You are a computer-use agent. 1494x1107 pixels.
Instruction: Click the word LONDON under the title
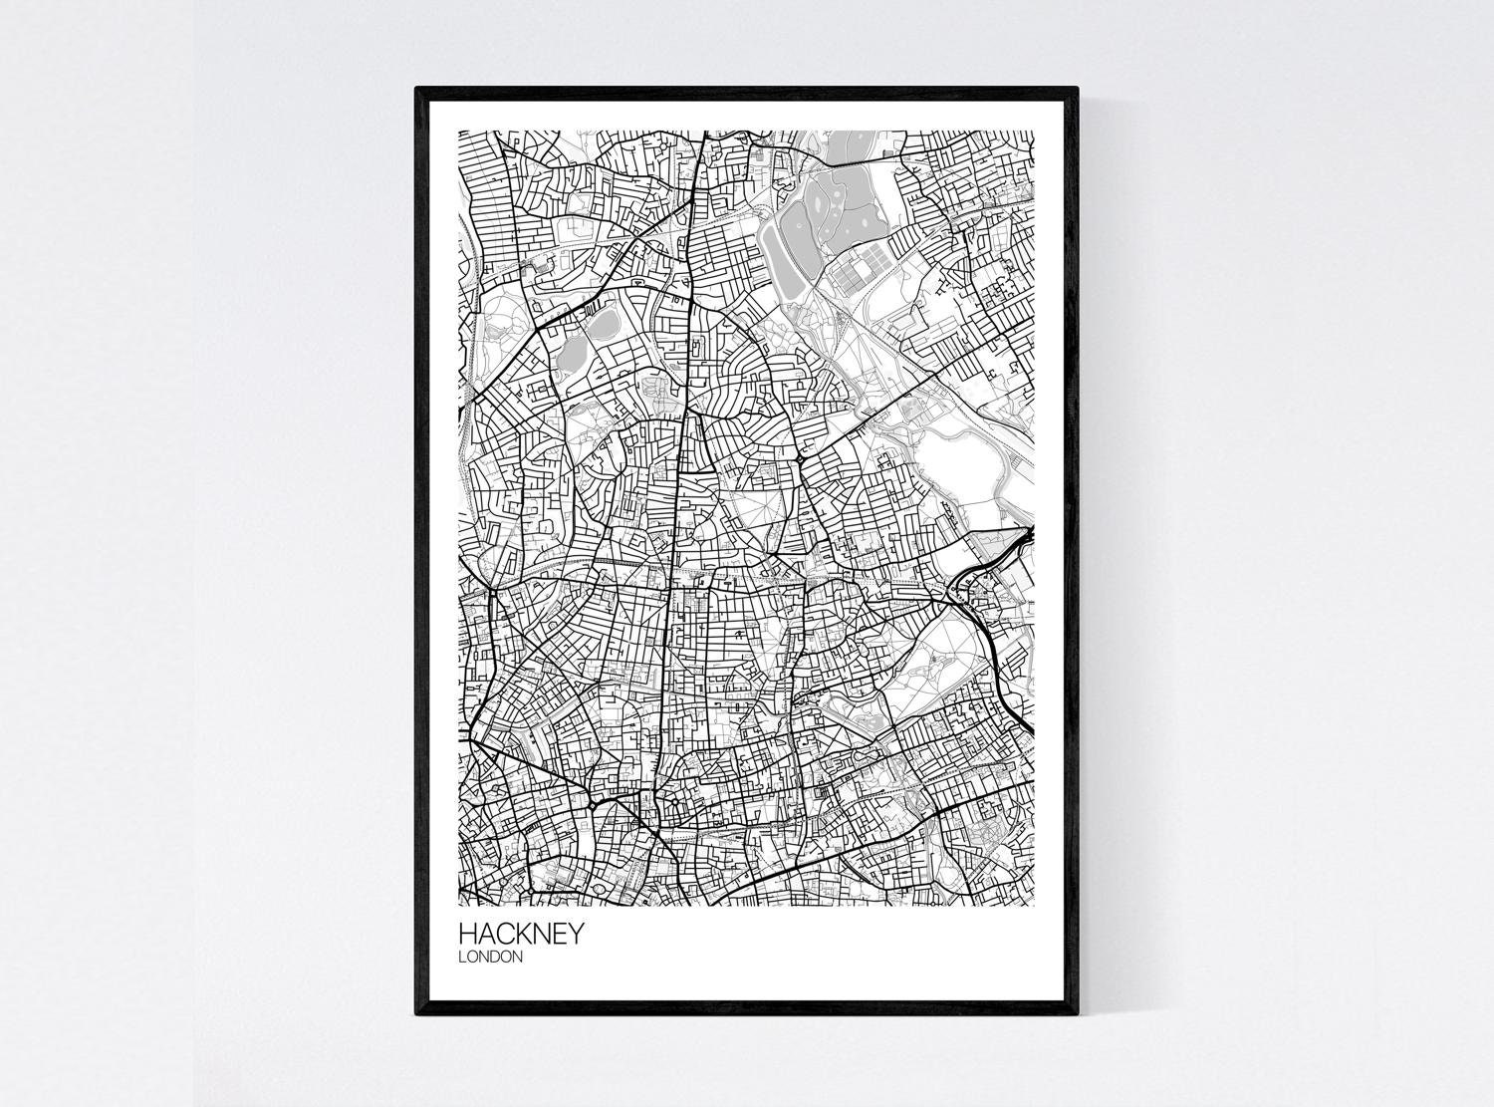[x=490, y=958]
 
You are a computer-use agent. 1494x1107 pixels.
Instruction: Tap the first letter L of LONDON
[x=462, y=958]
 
